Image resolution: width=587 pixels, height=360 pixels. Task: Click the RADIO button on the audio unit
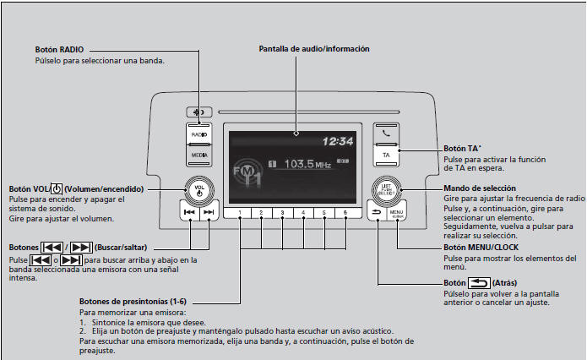pyautogui.click(x=199, y=134)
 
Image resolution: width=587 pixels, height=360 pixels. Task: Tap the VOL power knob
pyautogui.click(x=199, y=188)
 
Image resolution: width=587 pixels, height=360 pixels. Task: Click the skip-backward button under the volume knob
pyautogui.click(x=189, y=213)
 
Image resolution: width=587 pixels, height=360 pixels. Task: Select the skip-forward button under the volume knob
pyautogui.click(x=210, y=213)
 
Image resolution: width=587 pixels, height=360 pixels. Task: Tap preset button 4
pyautogui.click(x=303, y=213)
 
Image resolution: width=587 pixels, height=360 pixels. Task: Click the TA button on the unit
pyautogui.click(x=386, y=155)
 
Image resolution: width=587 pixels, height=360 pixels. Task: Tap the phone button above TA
pyautogui.click(x=386, y=133)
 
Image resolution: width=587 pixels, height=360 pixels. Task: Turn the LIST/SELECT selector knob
pyautogui.click(x=387, y=189)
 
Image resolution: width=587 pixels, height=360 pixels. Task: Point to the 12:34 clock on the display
pyautogui.click(x=335, y=142)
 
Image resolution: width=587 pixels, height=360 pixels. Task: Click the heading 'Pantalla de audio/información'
pyautogui.click(x=314, y=49)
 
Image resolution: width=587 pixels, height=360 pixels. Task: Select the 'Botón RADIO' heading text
pyautogui.click(x=60, y=50)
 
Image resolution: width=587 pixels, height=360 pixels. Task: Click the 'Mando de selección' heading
pyautogui.click(x=477, y=188)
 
